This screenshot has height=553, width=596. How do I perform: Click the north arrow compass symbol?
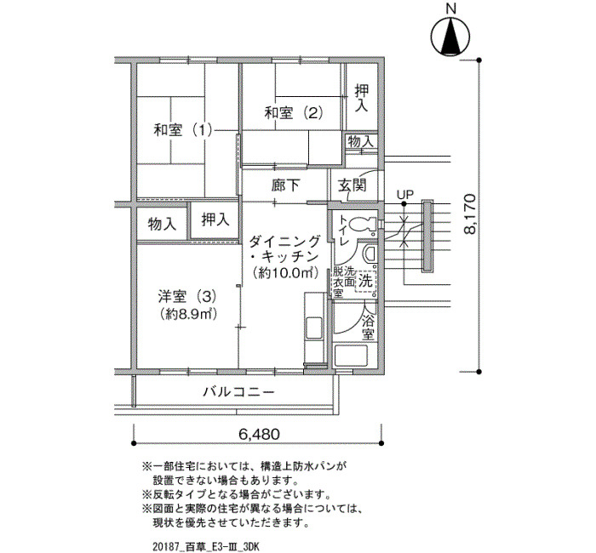[x=450, y=36]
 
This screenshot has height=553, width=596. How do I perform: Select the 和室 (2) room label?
[x=294, y=113]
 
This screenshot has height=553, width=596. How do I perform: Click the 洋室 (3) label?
[x=187, y=295]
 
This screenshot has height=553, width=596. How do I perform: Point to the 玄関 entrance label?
[x=352, y=185]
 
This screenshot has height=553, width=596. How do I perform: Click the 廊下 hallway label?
[x=285, y=185]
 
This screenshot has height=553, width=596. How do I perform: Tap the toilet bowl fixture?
[x=362, y=225]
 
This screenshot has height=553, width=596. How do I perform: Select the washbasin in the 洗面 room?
[x=369, y=254]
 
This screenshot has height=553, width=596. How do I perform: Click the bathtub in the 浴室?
[x=351, y=356]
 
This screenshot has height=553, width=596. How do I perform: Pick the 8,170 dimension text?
[x=470, y=214]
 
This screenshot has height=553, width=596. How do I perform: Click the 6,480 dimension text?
[x=259, y=434]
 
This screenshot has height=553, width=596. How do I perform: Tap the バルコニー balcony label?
[x=238, y=391]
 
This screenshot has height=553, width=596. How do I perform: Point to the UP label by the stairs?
[x=404, y=195]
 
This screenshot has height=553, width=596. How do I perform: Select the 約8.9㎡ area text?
[x=188, y=314]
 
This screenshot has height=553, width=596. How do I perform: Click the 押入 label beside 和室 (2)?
[x=362, y=98]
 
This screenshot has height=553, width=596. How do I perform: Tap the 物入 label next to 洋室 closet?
[x=162, y=224]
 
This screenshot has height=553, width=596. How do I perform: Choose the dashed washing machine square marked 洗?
[x=365, y=281]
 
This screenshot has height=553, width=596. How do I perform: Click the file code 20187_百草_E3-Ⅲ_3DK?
[x=206, y=547]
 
